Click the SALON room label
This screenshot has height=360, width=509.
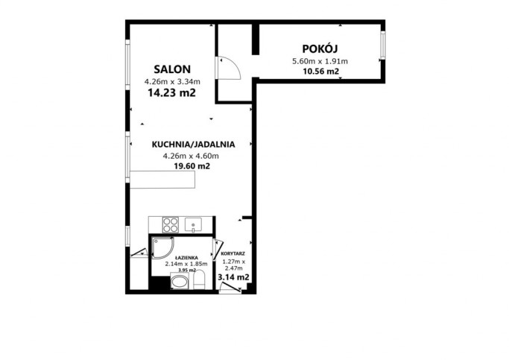[x=172, y=69]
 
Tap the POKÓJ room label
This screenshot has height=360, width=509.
[x=320, y=48]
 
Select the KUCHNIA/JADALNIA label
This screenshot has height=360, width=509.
[x=193, y=145]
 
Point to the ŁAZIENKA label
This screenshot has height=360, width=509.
[x=186, y=258]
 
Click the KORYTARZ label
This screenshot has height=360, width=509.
[x=233, y=254]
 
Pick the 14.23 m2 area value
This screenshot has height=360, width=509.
[x=171, y=93]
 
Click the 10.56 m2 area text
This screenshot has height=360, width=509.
[x=320, y=72]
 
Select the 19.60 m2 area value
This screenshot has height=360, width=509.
[x=192, y=166]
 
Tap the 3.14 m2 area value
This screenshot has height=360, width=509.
[x=233, y=277]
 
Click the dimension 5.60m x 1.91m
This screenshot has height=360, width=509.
[x=320, y=61]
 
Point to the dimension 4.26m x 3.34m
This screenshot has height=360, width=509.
[x=172, y=81]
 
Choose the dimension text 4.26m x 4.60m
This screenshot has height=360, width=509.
[x=191, y=156]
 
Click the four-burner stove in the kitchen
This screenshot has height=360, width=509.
[x=171, y=224]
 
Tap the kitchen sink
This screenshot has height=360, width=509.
[x=193, y=224]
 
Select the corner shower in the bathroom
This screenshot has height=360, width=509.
[x=162, y=247]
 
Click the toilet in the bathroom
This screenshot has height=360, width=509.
[x=199, y=280]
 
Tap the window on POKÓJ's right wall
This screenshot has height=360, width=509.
[x=383, y=45]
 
